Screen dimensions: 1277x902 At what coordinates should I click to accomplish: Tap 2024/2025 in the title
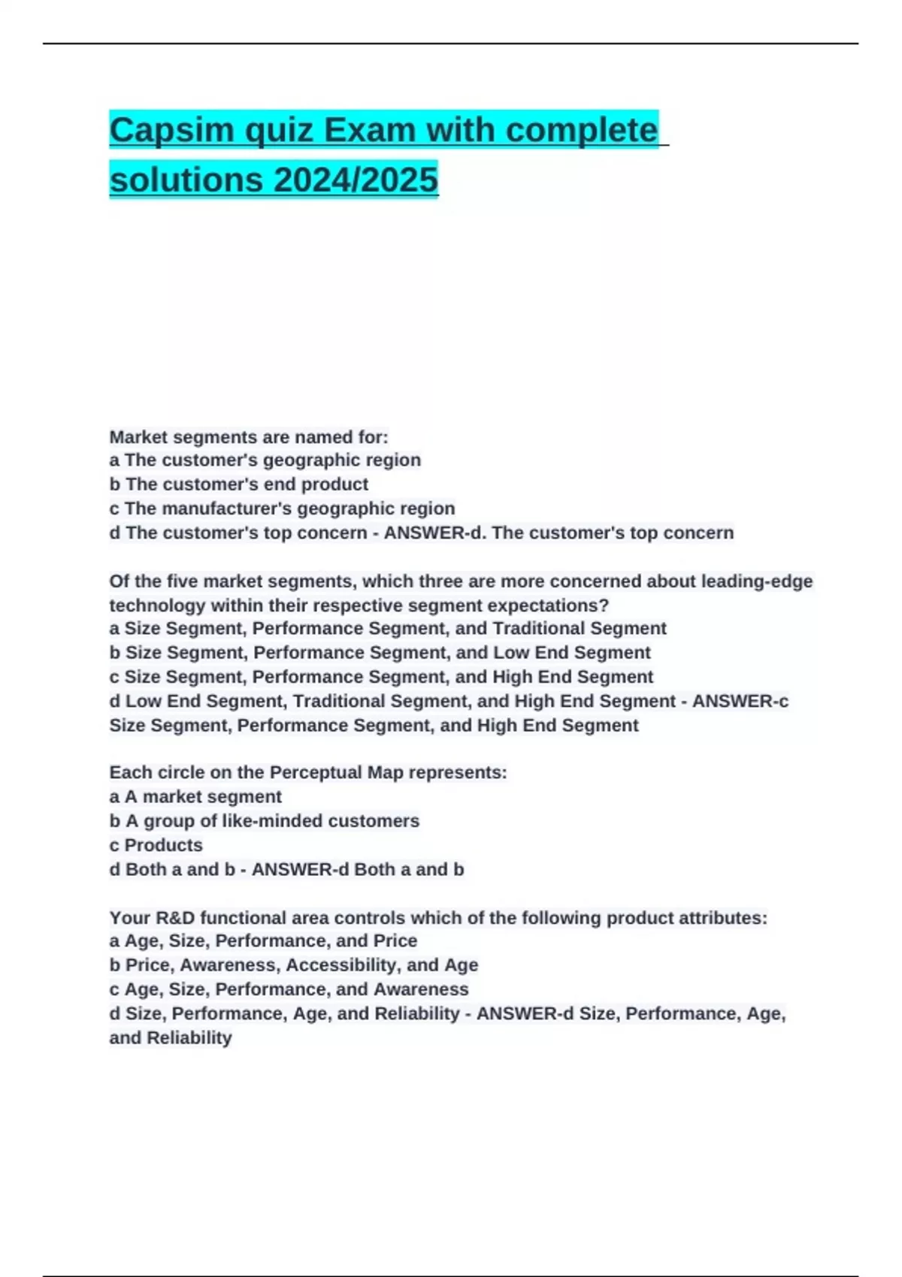click(x=356, y=180)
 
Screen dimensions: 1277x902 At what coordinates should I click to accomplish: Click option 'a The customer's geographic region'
click(x=265, y=460)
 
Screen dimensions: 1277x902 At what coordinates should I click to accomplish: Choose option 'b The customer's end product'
click(x=238, y=484)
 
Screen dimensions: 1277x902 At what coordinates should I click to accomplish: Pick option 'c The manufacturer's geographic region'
click(x=282, y=509)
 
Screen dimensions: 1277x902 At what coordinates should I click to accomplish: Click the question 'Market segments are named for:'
click(x=249, y=436)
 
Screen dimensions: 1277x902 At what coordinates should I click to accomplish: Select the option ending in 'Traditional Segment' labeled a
click(x=387, y=628)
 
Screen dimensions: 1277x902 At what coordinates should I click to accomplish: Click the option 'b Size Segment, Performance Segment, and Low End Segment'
click(x=380, y=652)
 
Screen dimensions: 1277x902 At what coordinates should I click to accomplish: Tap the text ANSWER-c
click(x=740, y=701)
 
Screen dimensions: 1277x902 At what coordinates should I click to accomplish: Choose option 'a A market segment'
click(x=195, y=796)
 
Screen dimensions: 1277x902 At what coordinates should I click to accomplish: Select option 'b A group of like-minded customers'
click(x=264, y=820)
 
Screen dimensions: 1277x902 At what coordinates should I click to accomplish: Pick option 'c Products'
click(x=156, y=845)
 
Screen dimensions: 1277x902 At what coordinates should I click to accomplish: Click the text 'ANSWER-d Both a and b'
click(x=357, y=869)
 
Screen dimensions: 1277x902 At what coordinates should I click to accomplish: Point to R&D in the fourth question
click(x=175, y=918)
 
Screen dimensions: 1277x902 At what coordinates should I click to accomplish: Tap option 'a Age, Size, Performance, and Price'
click(x=263, y=940)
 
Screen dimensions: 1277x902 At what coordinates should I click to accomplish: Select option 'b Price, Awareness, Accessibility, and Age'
click(x=293, y=965)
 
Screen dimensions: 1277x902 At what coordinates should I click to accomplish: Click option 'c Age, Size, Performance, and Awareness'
click(x=289, y=989)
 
